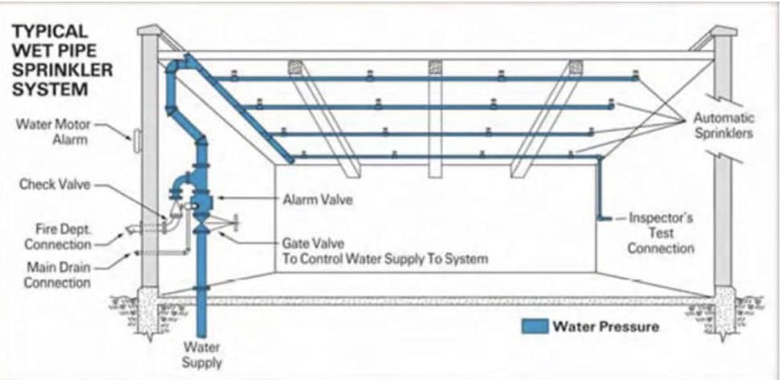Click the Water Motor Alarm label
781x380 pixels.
[52, 131]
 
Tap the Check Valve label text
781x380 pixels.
[55, 184]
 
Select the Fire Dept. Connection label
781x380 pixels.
[58, 237]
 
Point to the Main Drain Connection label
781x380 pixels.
[59, 275]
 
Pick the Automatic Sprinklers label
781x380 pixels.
[723, 126]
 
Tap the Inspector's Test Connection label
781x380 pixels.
[661, 232]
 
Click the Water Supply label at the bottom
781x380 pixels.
[201, 354]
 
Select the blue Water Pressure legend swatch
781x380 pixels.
[535, 326]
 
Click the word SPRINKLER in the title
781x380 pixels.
[63, 70]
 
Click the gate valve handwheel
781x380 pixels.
[236, 222]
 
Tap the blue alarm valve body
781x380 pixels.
[201, 200]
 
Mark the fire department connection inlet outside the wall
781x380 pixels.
[133, 229]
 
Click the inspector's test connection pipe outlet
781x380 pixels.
[606, 218]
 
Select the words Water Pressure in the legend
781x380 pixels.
[606, 327]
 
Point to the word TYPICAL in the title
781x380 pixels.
[50, 30]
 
